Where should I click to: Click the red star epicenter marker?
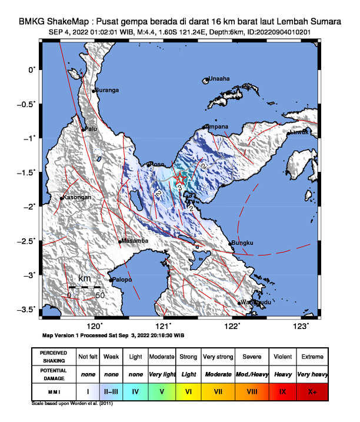(181, 179)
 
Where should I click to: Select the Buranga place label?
(108, 90)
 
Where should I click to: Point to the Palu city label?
(91, 128)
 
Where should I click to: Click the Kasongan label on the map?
(77, 197)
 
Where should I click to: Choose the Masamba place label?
(134, 241)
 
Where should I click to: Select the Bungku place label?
(242, 242)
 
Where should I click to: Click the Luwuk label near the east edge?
(298, 132)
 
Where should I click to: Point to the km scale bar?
(84, 287)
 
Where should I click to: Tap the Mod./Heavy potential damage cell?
(251, 374)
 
